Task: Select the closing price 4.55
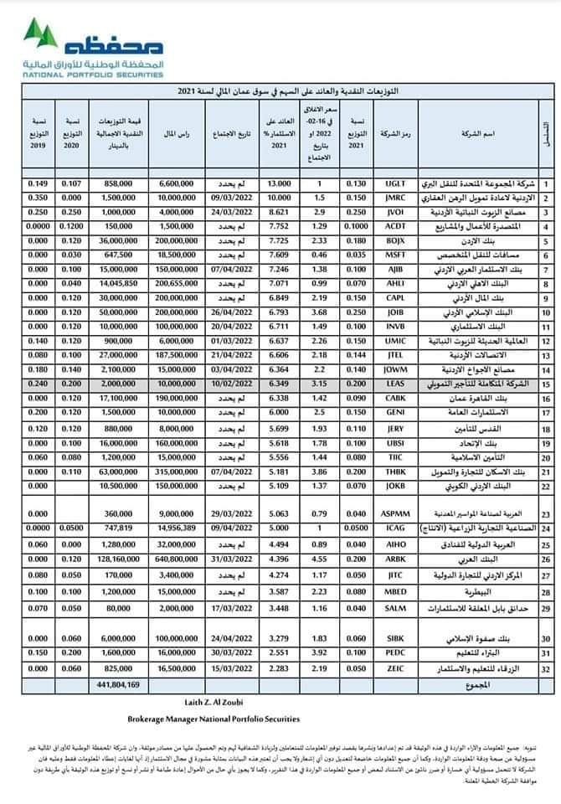(x=318, y=558)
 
